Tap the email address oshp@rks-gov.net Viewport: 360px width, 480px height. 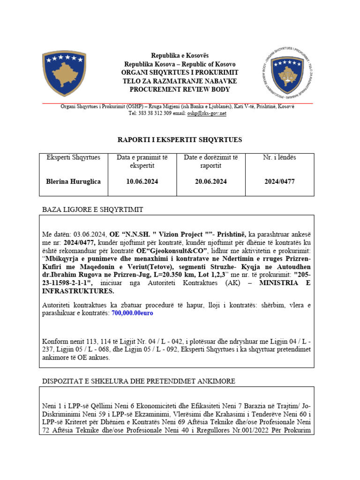tap(207, 113)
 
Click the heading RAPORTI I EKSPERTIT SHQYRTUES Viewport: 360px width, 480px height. tap(180, 140)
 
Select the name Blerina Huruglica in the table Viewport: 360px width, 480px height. tap(73, 181)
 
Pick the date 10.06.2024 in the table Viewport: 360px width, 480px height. tap(138, 181)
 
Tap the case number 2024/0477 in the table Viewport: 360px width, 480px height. tap(279, 181)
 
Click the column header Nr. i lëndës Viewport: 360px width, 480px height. tap(279, 157)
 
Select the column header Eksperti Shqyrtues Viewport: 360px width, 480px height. tap(73, 157)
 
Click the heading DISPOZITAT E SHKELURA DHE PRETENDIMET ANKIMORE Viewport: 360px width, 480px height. tap(139, 381)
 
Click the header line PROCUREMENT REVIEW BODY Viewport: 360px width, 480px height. tap(180, 90)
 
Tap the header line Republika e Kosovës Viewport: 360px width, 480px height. tap(180, 56)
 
